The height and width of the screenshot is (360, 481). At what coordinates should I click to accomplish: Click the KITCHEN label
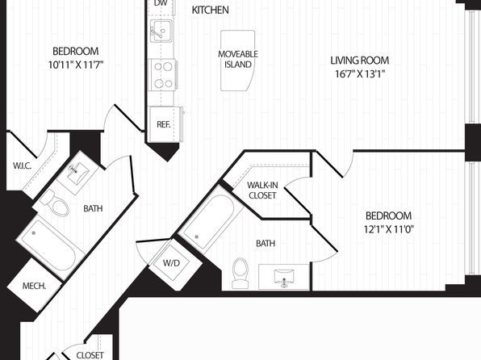pyautogui.click(x=210, y=10)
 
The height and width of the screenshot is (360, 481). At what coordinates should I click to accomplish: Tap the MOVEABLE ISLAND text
pyautogui.click(x=238, y=59)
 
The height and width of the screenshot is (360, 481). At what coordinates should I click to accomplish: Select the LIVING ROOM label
pyautogui.click(x=359, y=61)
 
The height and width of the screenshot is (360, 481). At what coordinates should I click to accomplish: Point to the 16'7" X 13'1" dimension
pyautogui.click(x=359, y=74)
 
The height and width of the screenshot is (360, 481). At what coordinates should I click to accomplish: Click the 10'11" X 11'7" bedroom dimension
pyautogui.click(x=76, y=65)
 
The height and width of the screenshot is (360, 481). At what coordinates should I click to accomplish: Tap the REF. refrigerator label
pyautogui.click(x=163, y=124)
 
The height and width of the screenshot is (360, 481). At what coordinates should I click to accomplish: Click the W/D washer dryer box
pyautogui.click(x=171, y=262)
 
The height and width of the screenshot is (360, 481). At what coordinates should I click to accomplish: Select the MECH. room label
pyautogui.click(x=34, y=287)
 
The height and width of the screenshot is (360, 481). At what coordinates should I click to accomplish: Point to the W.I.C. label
pyautogui.click(x=22, y=166)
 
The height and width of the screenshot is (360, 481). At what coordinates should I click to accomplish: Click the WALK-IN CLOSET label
pyautogui.click(x=262, y=190)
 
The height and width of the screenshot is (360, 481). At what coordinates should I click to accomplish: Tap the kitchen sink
pyautogui.click(x=161, y=31)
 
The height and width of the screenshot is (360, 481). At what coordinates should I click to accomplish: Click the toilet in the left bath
pyautogui.click(x=56, y=203)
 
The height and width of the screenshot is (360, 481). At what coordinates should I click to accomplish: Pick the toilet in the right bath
pyautogui.click(x=240, y=273)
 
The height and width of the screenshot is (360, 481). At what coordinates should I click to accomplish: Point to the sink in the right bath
pyautogui.click(x=284, y=278)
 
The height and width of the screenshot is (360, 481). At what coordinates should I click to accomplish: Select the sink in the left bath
pyautogui.click(x=77, y=174)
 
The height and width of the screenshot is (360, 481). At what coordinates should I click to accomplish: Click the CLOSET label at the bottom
pyautogui.click(x=90, y=355)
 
